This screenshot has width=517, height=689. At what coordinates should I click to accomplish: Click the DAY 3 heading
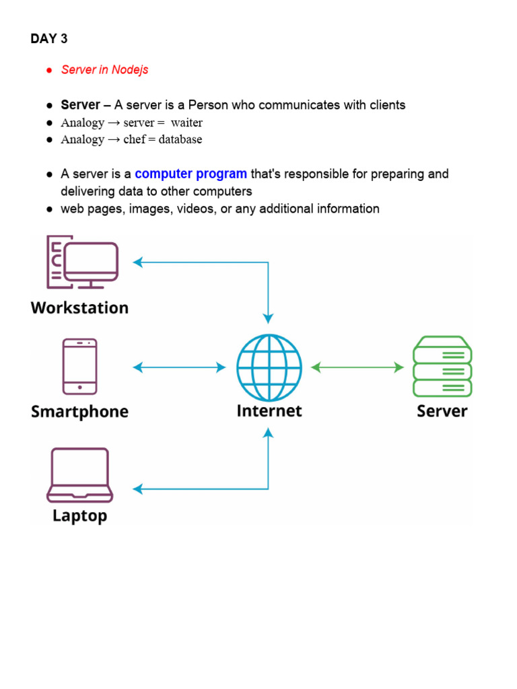49,39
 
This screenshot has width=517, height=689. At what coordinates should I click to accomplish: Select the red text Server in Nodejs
104,70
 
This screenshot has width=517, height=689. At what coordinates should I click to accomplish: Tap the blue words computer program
191,174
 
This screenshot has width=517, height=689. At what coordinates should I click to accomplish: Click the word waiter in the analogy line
186,122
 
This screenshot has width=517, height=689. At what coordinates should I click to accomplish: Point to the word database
180,140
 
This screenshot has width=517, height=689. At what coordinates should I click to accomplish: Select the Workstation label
79,308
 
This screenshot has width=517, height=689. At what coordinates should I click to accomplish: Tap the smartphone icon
79,366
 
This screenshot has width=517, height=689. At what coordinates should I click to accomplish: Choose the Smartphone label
79,412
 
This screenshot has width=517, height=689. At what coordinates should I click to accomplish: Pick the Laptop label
79,516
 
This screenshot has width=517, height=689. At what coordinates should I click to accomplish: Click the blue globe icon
269,367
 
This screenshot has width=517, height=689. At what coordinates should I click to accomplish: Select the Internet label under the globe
269,410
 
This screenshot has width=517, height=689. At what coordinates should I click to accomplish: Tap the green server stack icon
442,367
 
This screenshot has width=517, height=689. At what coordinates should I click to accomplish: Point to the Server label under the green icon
442,410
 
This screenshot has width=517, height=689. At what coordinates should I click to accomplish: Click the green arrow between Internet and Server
357,367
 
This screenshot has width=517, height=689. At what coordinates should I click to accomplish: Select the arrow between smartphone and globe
180,367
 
